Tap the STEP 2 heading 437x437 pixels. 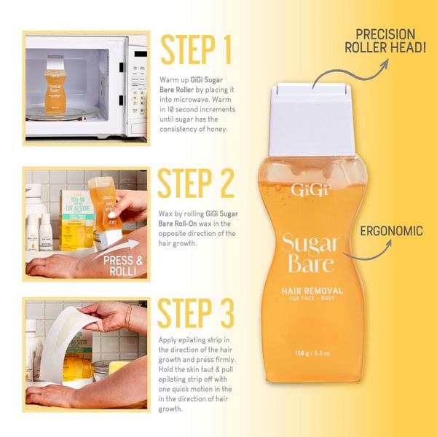[x=197, y=185]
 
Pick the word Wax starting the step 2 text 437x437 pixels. [x=166, y=213]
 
